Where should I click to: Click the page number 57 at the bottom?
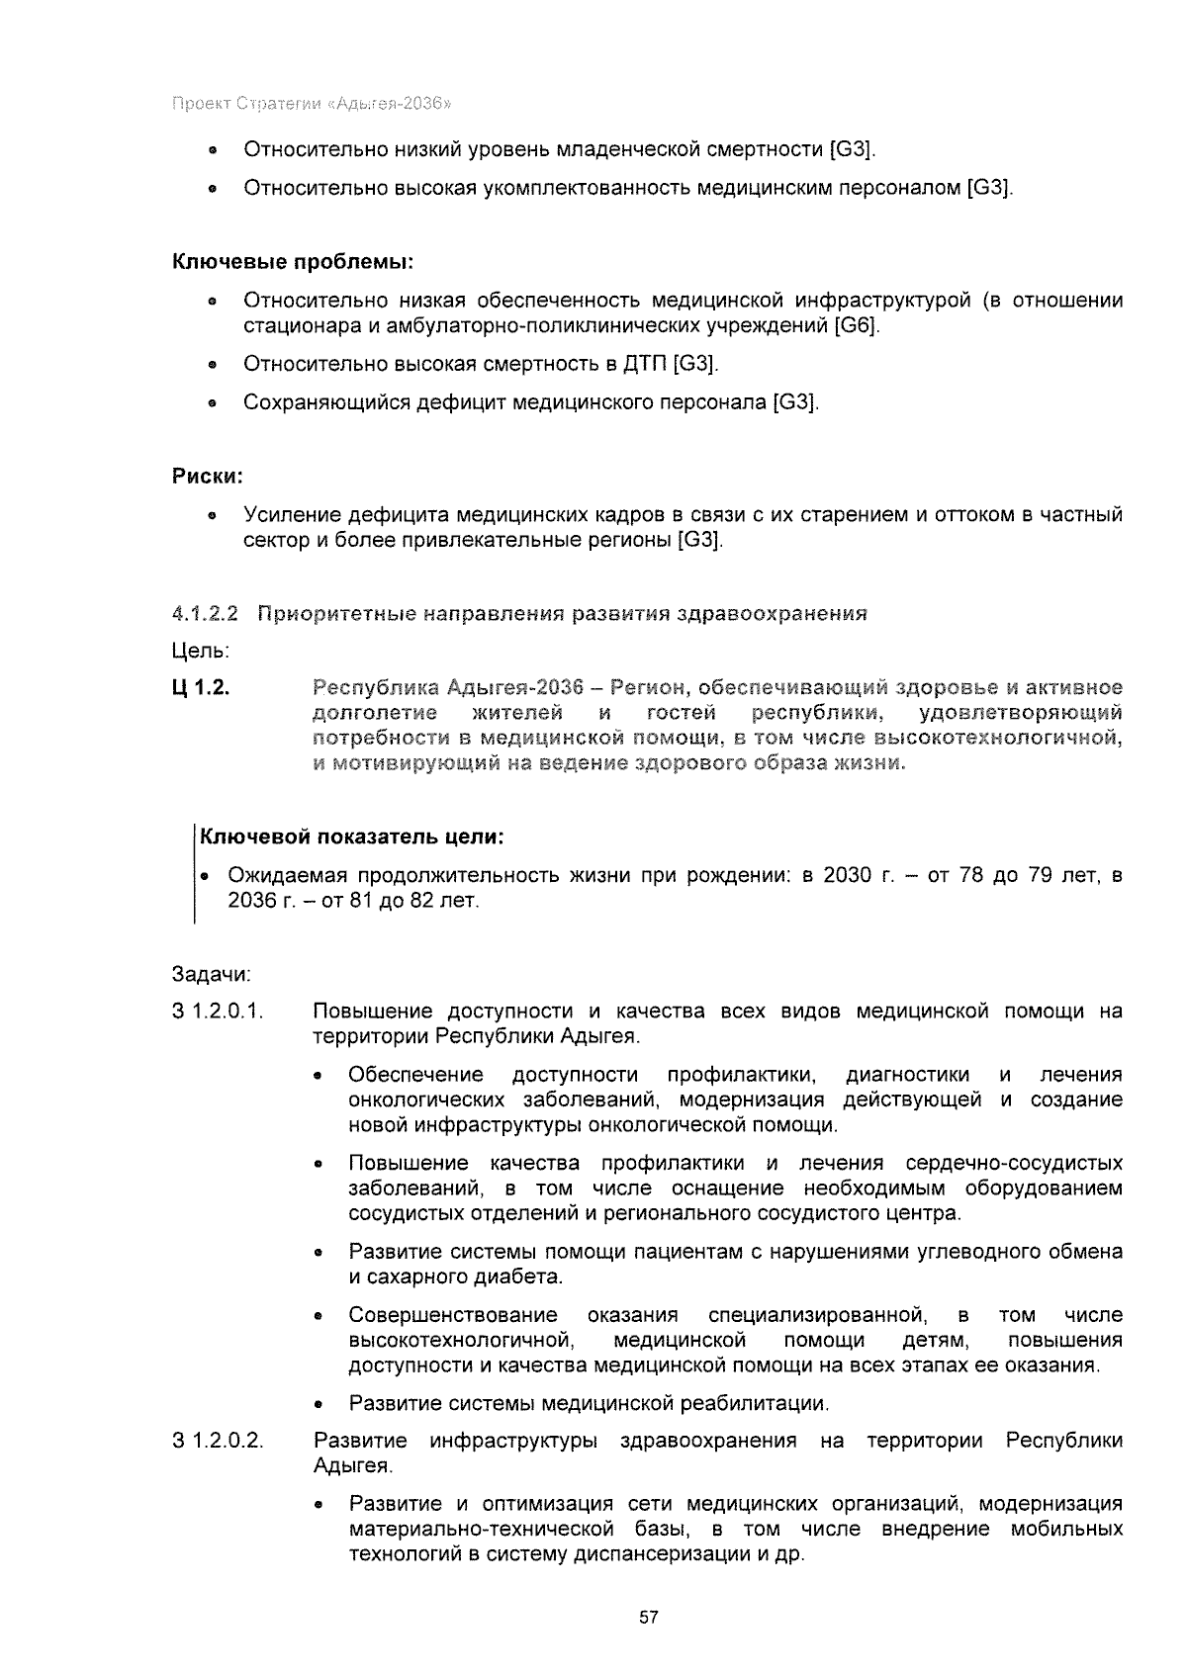point(649,1619)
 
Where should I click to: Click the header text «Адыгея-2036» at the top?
point(395,103)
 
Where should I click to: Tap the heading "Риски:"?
point(208,477)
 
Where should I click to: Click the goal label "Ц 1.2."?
point(202,688)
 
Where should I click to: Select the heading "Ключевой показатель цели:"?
point(353,837)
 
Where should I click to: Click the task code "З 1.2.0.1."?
point(218,1012)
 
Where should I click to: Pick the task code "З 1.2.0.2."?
point(218,1441)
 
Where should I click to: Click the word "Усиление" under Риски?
point(284,515)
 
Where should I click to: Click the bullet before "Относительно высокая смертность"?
point(212,365)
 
